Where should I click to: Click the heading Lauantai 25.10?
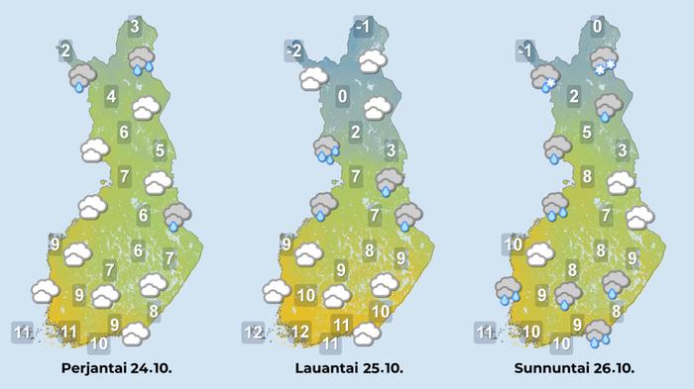(x=348, y=368)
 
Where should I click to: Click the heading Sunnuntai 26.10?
(x=574, y=368)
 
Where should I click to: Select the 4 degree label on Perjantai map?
(x=110, y=97)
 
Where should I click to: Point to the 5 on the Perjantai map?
(x=160, y=150)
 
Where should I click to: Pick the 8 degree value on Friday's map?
(x=154, y=311)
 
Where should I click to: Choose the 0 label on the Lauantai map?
(x=342, y=97)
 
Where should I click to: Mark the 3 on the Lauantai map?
(x=391, y=150)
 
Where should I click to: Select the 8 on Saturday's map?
(x=370, y=250)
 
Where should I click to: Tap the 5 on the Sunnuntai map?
(x=587, y=132)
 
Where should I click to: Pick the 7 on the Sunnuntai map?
(x=605, y=215)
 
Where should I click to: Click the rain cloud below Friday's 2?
(x=80, y=76)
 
